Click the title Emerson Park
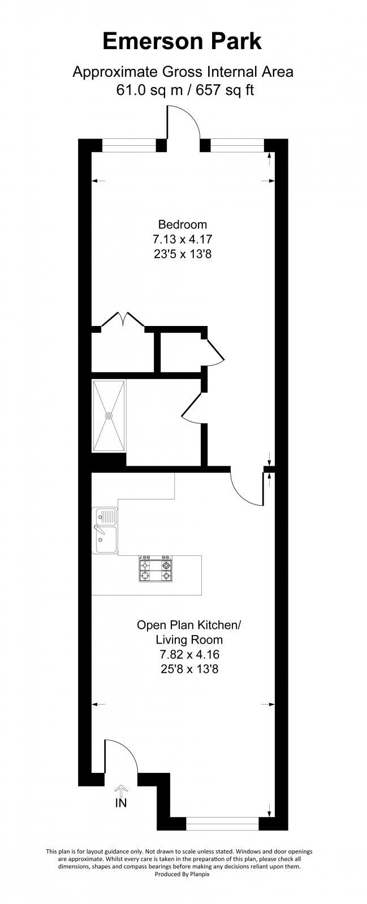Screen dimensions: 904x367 tap(182, 42)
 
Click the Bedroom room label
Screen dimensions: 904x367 tap(182, 224)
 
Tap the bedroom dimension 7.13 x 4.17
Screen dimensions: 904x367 tap(182, 239)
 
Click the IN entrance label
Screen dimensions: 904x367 tap(121, 803)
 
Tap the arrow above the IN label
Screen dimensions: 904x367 tap(122, 790)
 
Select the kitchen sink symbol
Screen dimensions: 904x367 tap(106, 531)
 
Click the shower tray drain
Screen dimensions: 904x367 tap(109, 415)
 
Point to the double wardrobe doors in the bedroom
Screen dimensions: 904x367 tap(123, 320)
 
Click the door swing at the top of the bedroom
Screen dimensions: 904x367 tap(183, 123)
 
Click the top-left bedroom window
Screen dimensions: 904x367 tap(129, 146)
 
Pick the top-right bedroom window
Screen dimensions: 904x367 tap(237, 146)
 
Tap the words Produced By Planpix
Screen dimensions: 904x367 tap(182, 890)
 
